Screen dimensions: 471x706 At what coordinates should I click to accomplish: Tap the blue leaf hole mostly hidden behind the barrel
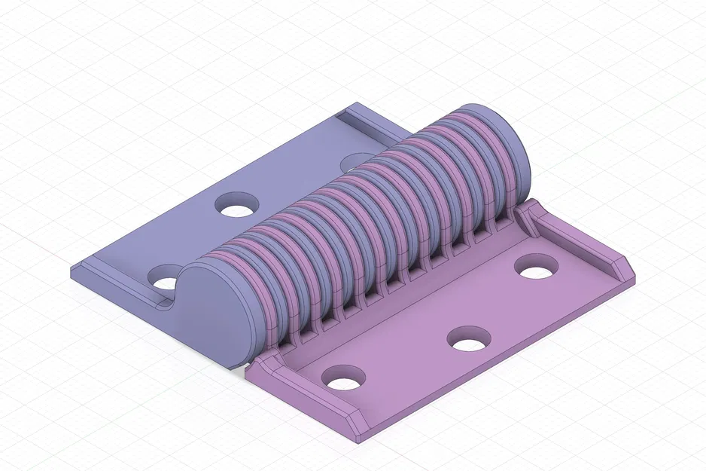[351, 162]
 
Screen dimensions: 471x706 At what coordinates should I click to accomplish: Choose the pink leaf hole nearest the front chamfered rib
[343, 378]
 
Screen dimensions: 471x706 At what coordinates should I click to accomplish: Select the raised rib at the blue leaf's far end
[369, 124]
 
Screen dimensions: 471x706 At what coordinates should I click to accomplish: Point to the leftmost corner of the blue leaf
[73, 269]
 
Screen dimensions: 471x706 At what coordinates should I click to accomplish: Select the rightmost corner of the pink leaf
[636, 279]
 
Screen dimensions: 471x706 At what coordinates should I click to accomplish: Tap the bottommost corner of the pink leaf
[360, 439]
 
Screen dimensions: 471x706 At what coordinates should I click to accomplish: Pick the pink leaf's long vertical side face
[512, 354]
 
